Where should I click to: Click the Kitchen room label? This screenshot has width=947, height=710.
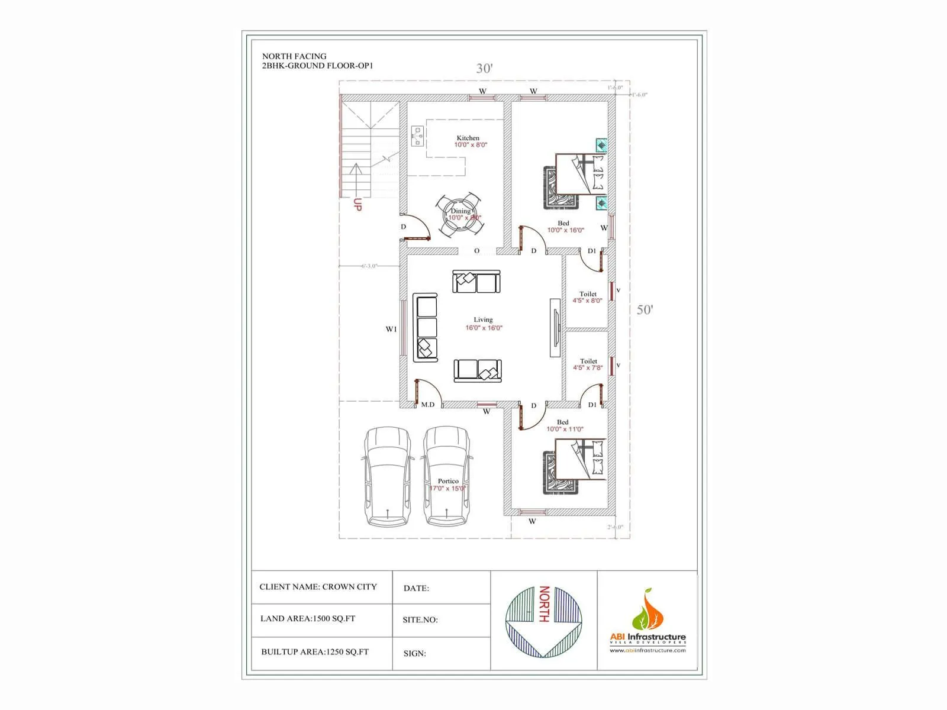468,138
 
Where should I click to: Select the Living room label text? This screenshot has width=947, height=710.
483,319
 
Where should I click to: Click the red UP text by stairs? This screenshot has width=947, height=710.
357,205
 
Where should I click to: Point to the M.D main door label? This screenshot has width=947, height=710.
427,405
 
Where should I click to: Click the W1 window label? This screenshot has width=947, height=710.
391,330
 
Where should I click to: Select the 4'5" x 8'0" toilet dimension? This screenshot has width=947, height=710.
587,301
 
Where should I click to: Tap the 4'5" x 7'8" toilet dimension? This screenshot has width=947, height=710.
588,367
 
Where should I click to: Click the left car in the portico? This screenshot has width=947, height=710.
387,476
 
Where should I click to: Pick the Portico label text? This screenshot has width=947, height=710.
448,481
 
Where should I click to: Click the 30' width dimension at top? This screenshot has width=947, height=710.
484,68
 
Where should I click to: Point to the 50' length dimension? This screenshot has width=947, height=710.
645,309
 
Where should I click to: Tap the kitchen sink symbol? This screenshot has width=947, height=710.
418,137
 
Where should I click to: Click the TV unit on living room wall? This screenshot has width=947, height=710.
555,327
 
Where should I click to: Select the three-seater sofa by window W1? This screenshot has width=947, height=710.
426,327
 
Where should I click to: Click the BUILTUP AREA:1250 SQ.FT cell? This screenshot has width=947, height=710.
315,652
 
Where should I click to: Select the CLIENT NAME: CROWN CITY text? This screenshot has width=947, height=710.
318,587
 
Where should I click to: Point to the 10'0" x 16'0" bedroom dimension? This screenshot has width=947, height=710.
565,230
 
